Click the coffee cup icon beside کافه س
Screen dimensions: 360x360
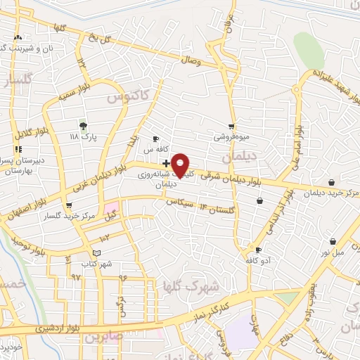point(155,139)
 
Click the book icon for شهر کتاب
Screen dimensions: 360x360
point(96,252)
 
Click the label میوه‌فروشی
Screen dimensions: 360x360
point(231,137)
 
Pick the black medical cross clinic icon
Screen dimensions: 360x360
point(165,163)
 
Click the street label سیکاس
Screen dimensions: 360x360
point(179,203)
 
